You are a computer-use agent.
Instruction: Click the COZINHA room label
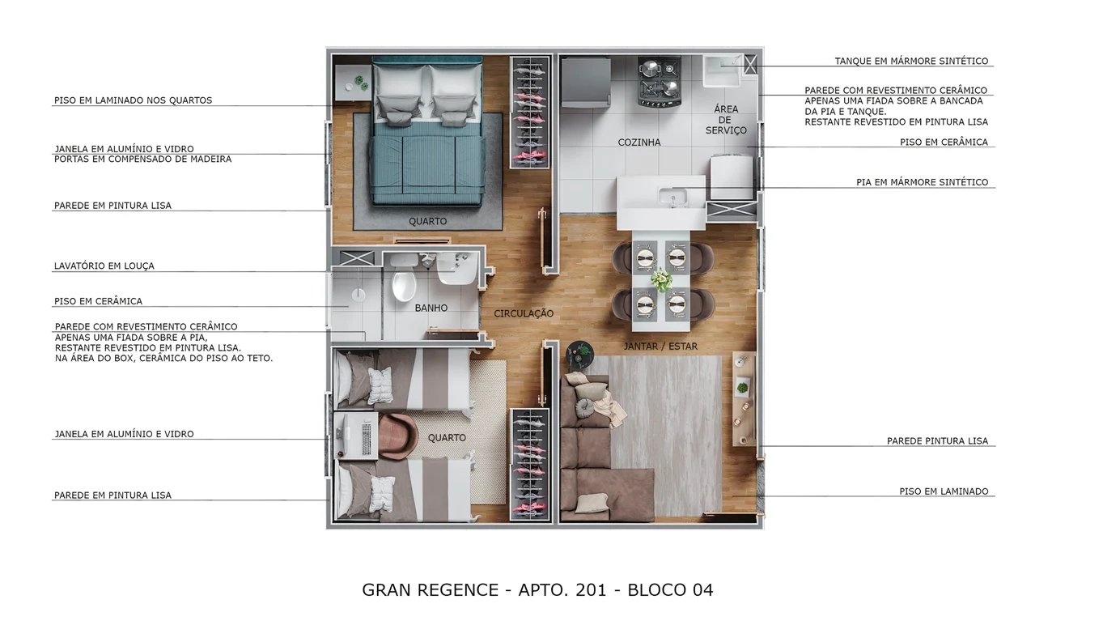tap(638, 142)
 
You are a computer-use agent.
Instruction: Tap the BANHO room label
tap(431, 308)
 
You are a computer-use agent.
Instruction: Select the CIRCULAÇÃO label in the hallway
tap(524, 313)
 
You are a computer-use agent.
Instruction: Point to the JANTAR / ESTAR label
tap(660, 347)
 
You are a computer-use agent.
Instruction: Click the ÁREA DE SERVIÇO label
tap(726, 120)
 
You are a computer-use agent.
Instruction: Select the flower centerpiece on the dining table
tap(662, 280)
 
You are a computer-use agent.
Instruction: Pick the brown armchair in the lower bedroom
tap(397, 436)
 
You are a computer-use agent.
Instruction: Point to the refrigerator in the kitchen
tap(585, 82)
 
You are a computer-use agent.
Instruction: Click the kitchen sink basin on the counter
tap(671, 197)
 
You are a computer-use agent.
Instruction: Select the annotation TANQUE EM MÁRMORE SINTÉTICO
tap(911, 62)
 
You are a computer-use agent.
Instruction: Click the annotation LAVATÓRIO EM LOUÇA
tap(104, 266)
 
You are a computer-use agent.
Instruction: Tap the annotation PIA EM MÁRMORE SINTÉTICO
tap(922, 183)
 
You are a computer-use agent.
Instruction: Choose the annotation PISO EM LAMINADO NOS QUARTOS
tap(133, 100)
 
